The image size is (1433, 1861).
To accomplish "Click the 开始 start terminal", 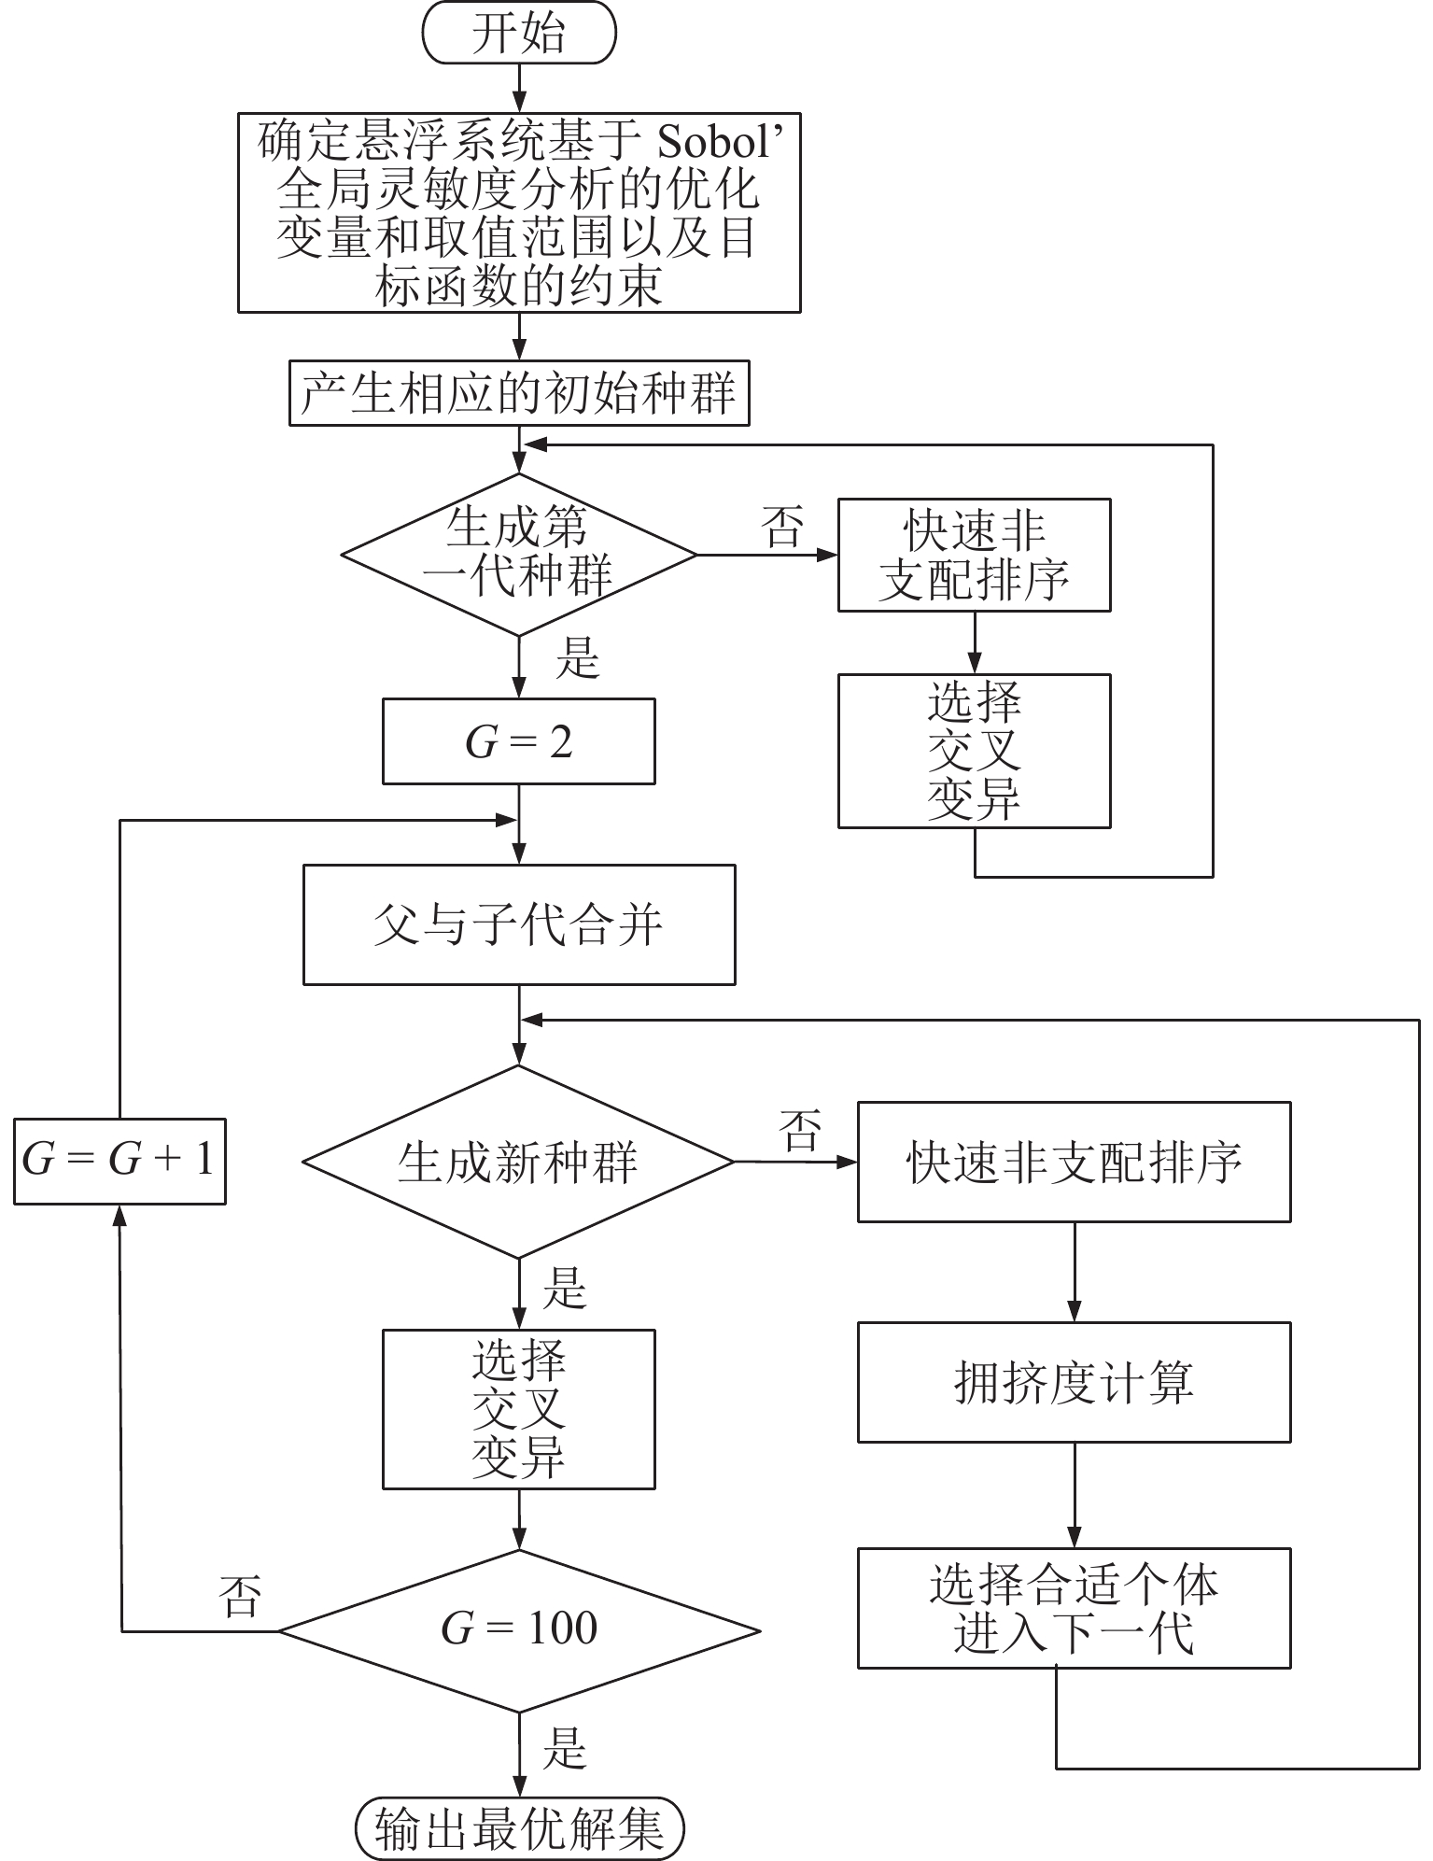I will coord(519,35).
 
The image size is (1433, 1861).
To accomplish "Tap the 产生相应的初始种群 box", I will coord(519,393).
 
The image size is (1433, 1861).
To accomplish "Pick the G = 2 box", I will coord(519,742).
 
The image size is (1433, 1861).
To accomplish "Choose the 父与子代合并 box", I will coord(519,924).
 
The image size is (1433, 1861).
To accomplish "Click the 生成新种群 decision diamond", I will coord(519,1163).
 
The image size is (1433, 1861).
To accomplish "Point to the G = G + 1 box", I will coord(119,1160).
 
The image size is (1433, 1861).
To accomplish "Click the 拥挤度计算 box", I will coord(1075,1382).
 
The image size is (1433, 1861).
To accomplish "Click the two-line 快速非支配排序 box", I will coord(975,555).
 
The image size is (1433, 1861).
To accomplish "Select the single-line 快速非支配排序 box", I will coord(1075,1163).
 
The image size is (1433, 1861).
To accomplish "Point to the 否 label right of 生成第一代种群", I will coord(782,527).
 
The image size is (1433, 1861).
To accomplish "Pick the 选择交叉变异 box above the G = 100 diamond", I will coord(519,1409).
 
